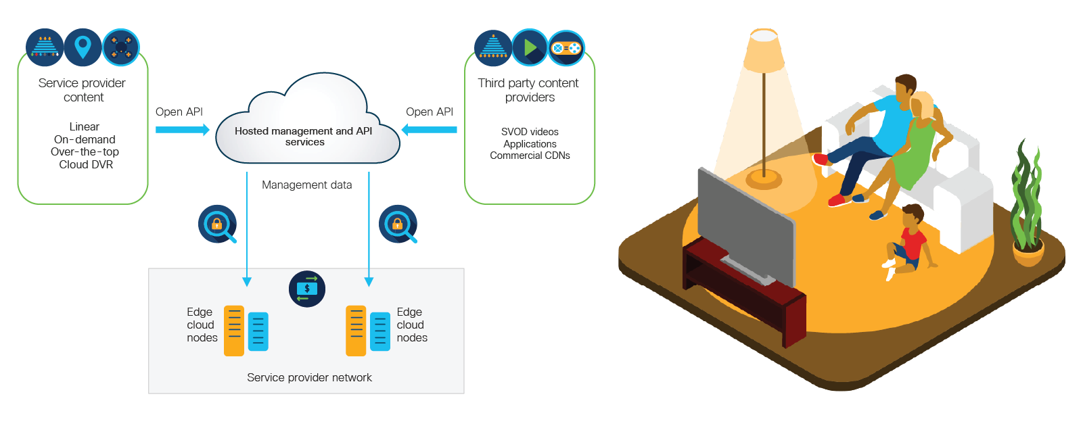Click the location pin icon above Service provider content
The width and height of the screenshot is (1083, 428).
tap(83, 47)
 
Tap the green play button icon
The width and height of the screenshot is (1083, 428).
tap(530, 47)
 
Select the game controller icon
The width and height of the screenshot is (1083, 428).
tap(566, 48)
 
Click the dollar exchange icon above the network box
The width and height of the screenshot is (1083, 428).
tap(307, 289)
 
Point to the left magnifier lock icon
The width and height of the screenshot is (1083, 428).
tap(217, 224)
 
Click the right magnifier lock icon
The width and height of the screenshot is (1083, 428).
tap(398, 224)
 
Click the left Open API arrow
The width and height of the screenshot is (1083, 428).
tap(182, 130)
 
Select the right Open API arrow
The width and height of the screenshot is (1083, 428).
tap(430, 130)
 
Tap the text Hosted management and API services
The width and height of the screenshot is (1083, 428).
tap(304, 137)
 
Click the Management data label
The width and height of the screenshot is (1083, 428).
tap(306, 185)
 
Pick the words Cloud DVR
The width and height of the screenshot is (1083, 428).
tap(86, 164)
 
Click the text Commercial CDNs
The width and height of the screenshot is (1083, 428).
tap(530, 156)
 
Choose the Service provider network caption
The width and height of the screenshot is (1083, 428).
tap(309, 377)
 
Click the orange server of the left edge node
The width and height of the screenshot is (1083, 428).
tap(234, 331)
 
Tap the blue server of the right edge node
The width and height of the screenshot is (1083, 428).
tap(380, 331)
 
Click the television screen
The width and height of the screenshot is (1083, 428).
tap(744, 227)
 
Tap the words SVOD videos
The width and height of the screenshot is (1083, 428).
tap(530, 132)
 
